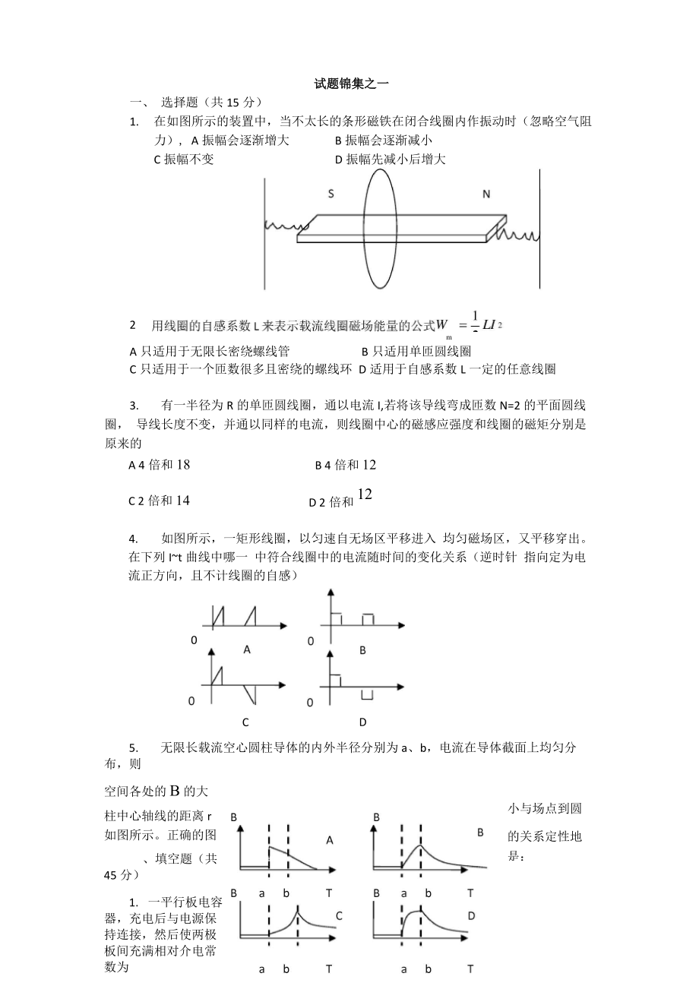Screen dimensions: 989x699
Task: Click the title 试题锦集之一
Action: pos(352,84)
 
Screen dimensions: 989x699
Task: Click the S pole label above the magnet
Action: pos(331,194)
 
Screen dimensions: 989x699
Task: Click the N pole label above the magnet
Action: pos(486,194)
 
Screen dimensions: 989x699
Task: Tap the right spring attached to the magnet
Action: pos(517,233)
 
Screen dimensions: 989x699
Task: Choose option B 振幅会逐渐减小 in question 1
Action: pos(384,140)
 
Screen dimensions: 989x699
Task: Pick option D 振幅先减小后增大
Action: pos(390,159)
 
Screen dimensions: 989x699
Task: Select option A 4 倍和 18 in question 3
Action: pos(160,465)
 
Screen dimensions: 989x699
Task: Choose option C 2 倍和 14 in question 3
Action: pos(160,501)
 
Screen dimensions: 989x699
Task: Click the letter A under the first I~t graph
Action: pos(246,649)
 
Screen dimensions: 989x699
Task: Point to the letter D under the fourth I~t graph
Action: pos(362,722)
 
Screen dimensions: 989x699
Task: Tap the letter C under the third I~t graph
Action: pos(245,722)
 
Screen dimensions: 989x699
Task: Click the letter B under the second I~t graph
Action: pos(362,650)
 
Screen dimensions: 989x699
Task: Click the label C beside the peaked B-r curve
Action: pos(339,915)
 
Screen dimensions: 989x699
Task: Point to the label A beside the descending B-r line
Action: pos(329,840)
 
